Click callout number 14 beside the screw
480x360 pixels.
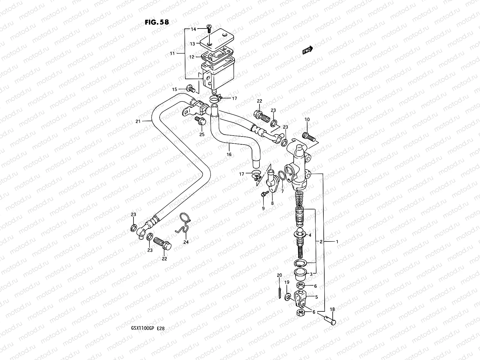pos(193,29)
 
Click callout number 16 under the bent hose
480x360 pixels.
pos(229,154)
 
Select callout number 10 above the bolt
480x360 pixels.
pos(307,120)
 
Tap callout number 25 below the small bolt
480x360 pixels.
pos(202,134)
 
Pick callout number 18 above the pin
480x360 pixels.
pos(332,310)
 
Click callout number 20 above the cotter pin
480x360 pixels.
pos(279,275)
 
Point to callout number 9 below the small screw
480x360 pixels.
pos(263,208)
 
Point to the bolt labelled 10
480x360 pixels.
pos(308,136)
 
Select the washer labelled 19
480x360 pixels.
pos(287,297)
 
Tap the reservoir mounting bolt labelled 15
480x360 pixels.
pos(190,88)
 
